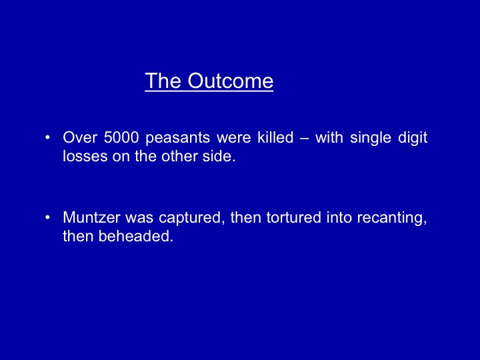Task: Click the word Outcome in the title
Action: (230, 81)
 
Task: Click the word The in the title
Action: (163, 81)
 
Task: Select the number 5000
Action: (121, 137)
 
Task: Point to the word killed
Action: (275, 137)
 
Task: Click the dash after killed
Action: (304, 139)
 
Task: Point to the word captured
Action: (191, 218)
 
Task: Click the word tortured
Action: (293, 217)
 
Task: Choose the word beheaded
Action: (135, 236)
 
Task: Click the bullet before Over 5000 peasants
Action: (47, 137)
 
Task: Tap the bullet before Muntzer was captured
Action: (47, 217)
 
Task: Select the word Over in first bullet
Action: (79, 137)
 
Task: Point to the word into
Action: (339, 217)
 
